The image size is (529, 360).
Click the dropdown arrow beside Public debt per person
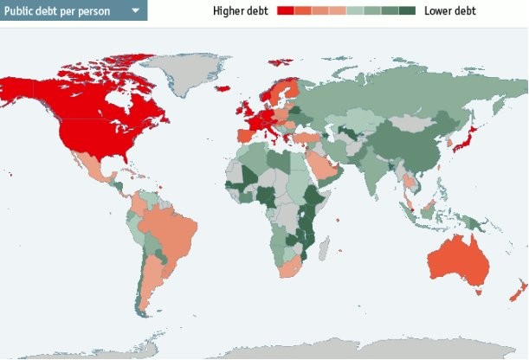tap(135, 11)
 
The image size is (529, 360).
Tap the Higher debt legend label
tap(242, 11)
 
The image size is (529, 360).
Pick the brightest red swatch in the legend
tap(286, 11)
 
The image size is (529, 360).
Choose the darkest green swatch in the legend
tap(408, 11)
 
